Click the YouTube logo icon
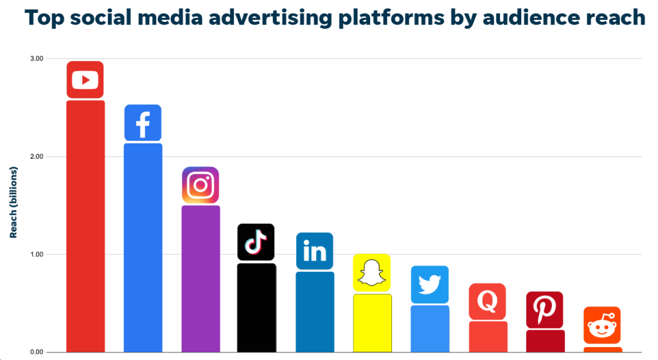point(85,80)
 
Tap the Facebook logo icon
point(143,123)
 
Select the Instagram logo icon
point(200,185)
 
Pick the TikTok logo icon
point(256,242)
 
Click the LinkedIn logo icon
point(314,251)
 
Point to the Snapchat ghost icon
point(371,273)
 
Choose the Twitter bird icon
point(429,285)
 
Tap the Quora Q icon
point(487,301)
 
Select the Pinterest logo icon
point(544,310)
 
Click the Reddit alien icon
point(602,325)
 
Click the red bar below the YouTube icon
point(85,225)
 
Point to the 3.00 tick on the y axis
point(35,59)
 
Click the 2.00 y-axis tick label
point(35,157)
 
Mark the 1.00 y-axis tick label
point(35,255)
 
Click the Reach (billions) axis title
point(13,202)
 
